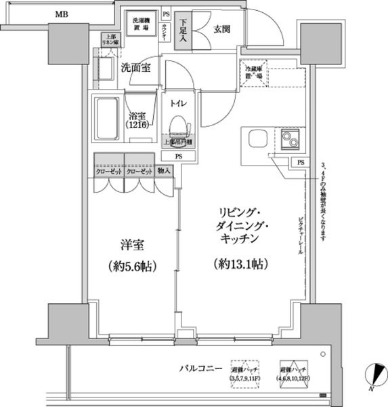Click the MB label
(x=61, y=14)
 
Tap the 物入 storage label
(x=165, y=173)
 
